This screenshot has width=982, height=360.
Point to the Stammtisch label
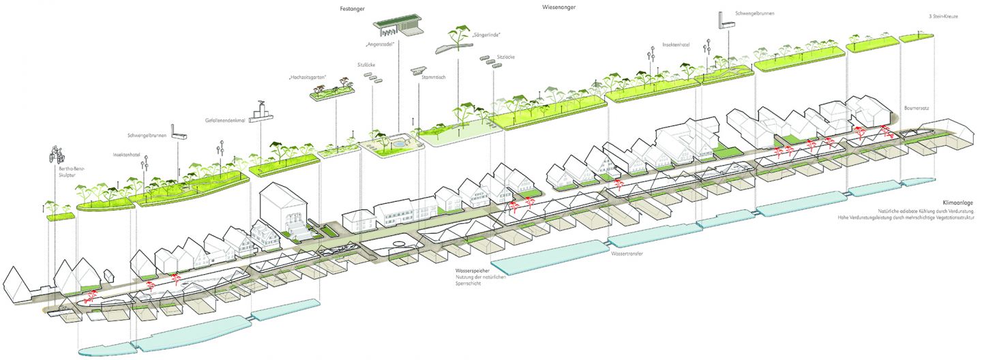434,78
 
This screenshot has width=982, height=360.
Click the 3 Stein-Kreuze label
944,16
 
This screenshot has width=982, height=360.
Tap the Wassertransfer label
627,253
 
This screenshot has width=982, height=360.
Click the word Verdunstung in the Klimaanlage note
956,211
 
